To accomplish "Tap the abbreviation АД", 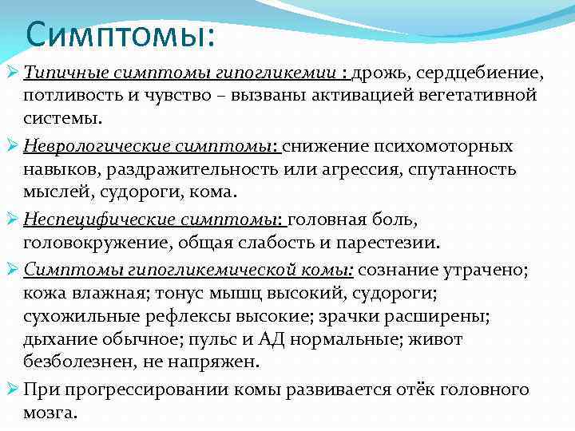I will [x=272, y=338].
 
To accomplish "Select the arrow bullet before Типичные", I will [x=11, y=73].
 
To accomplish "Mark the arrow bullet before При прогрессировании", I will [x=11, y=389].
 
